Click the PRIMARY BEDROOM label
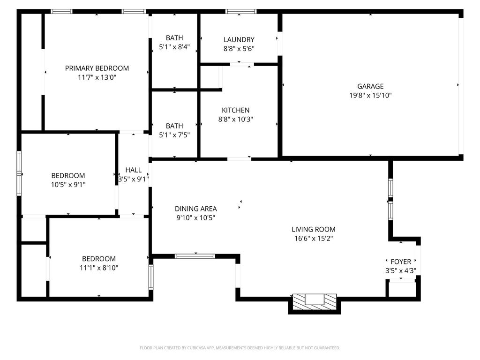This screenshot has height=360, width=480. (x=97, y=68)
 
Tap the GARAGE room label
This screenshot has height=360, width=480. (x=370, y=86)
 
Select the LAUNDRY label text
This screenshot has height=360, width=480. (x=239, y=40)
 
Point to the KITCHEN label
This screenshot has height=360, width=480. (x=235, y=110)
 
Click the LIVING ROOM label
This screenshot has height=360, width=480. (x=314, y=229)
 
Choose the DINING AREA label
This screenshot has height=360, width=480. (x=196, y=209)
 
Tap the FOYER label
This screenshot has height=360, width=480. (x=401, y=262)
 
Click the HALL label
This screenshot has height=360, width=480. (x=134, y=170)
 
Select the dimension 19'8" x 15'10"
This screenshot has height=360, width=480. (x=370, y=96)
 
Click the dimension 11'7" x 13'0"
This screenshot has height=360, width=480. (x=97, y=77)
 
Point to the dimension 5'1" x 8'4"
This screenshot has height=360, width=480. (x=174, y=47)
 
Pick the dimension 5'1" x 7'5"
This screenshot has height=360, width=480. (x=174, y=135)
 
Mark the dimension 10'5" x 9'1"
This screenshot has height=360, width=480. (x=68, y=185)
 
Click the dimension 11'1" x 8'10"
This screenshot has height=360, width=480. (x=99, y=268)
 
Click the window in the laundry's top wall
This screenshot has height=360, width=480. (x=241, y=12)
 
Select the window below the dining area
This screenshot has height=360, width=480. (x=195, y=256)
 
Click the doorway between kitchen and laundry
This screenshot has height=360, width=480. (x=242, y=64)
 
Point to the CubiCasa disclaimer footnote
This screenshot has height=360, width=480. (x=240, y=348)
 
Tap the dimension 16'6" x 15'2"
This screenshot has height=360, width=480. (x=314, y=239)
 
